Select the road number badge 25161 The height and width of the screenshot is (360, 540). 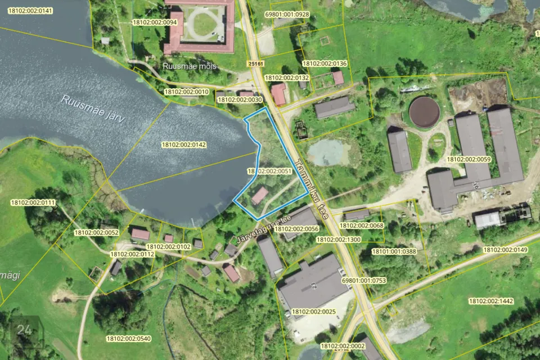click(x=255, y=64)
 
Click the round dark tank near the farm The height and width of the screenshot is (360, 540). click(x=424, y=111)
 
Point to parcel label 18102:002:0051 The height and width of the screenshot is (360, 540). click(x=269, y=171)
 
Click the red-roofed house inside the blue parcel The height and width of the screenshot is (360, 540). click(x=259, y=196)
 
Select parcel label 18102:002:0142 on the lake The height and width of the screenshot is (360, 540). click(x=183, y=145)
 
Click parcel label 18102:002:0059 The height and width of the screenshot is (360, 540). click(x=469, y=159)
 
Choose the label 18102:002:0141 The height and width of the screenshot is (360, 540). click(x=30, y=11)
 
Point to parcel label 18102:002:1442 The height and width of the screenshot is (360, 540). click(x=490, y=301)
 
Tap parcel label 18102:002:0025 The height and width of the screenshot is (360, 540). click(x=313, y=311)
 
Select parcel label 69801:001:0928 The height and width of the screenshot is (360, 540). click(x=286, y=14)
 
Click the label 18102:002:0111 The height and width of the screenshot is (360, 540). click(x=33, y=202)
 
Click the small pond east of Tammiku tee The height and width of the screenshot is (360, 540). click(x=329, y=152)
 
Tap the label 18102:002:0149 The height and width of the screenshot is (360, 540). click(x=505, y=250)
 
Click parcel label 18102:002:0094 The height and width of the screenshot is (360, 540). click(x=154, y=22)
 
